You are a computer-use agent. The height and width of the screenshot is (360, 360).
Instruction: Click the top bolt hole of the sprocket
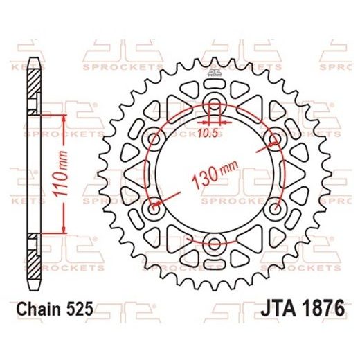(x=215, y=107)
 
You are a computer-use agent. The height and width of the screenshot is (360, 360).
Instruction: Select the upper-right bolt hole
(x=276, y=138)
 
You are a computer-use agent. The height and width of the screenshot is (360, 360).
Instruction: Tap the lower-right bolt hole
(x=276, y=208)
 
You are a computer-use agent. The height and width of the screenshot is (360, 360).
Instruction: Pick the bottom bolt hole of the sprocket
(x=215, y=242)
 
